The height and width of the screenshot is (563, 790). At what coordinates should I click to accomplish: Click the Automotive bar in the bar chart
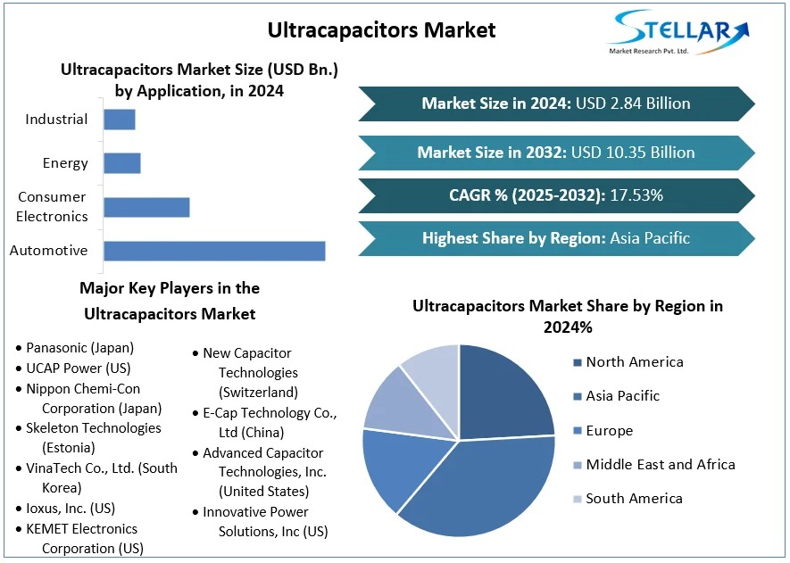(x=214, y=251)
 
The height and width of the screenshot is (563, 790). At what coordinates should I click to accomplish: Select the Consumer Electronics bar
(x=146, y=207)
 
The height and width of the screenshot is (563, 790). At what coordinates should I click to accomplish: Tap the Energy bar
(x=122, y=163)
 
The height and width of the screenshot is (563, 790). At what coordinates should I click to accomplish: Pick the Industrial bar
(x=120, y=120)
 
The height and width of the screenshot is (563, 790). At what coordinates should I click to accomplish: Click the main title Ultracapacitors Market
(x=381, y=29)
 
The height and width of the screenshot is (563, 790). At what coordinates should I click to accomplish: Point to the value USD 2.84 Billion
(x=633, y=103)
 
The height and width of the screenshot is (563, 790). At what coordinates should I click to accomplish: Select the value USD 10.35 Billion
(x=635, y=153)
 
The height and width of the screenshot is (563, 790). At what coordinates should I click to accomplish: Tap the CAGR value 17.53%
(x=636, y=195)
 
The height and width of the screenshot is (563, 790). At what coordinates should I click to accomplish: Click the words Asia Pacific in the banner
(x=650, y=238)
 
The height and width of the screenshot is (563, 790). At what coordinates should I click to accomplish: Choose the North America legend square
(x=578, y=362)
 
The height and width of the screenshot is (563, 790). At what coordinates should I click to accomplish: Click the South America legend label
(x=634, y=498)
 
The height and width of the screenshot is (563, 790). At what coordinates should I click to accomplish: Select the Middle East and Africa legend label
(x=661, y=464)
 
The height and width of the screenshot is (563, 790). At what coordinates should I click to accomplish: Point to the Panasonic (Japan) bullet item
(x=79, y=348)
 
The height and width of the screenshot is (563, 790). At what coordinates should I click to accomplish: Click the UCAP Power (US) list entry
(x=78, y=368)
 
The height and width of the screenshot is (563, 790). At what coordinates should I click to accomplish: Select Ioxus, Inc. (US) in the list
(x=71, y=509)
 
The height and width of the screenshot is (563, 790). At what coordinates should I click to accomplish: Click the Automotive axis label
(x=48, y=251)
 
